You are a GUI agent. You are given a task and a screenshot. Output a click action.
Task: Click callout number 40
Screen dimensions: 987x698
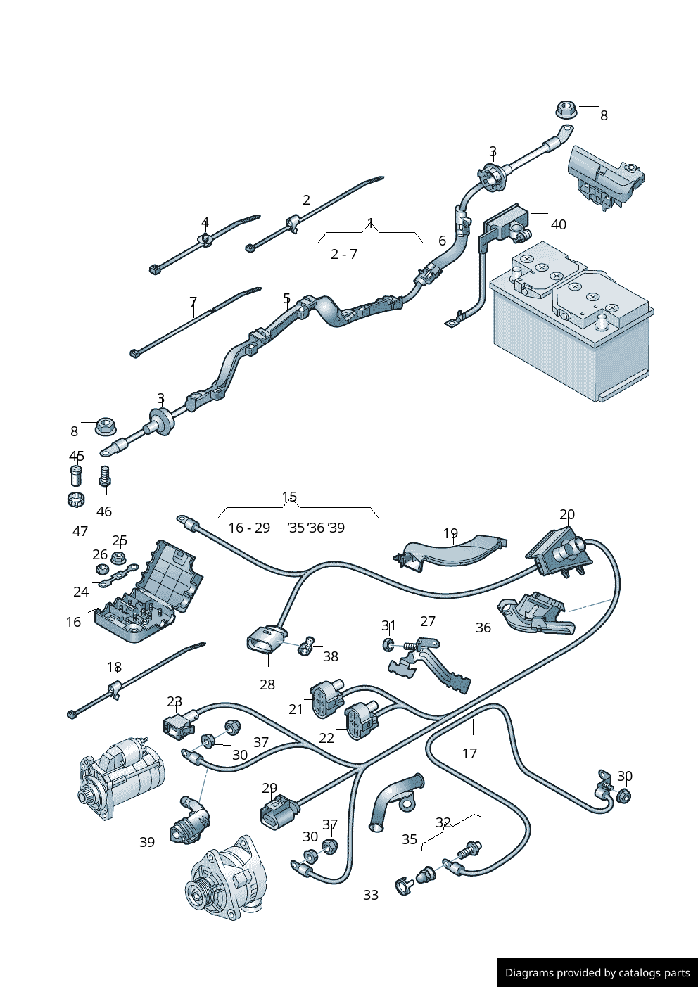click(x=558, y=224)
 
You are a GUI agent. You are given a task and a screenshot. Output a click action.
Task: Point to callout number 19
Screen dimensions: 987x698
click(x=450, y=534)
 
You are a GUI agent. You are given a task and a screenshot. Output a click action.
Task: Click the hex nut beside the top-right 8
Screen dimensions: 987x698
click(x=566, y=110)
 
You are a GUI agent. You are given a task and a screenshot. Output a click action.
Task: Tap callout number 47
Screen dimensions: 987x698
click(x=80, y=531)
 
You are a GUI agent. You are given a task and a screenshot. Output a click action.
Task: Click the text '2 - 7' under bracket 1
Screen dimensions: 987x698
click(x=344, y=254)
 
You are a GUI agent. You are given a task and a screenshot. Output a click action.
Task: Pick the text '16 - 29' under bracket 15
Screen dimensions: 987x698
click(x=249, y=528)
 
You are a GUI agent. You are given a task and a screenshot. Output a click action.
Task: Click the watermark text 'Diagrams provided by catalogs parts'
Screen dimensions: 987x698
click(x=597, y=973)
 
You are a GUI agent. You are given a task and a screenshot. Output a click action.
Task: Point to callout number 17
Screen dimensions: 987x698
click(x=469, y=753)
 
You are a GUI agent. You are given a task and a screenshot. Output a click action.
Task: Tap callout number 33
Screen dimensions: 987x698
click(x=371, y=895)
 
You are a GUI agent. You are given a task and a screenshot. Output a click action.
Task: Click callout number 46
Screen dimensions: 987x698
click(x=104, y=511)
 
